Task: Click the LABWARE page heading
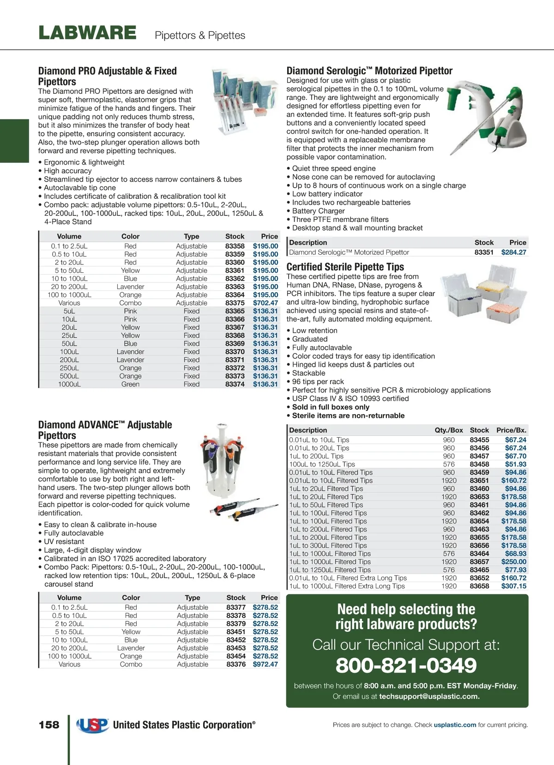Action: [87, 33]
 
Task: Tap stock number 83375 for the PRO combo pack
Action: [235, 303]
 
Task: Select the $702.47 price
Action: [265, 303]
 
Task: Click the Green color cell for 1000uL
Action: [130, 384]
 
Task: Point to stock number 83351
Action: [484, 252]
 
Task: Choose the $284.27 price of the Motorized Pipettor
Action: [514, 252]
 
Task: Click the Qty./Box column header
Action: [449, 430]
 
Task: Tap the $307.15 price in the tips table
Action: [514, 586]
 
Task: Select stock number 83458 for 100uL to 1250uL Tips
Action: [479, 464]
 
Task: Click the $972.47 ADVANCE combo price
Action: [265, 664]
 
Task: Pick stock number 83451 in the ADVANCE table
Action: [236, 632]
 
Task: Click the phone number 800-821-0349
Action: [406, 666]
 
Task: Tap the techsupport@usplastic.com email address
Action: [429, 696]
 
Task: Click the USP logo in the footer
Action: [93, 725]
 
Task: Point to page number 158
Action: [49, 725]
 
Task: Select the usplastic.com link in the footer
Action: [455, 725]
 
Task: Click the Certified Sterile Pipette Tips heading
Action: [345, 267]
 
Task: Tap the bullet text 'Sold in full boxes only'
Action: [331, 407]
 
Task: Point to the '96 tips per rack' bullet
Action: [318, 381]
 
